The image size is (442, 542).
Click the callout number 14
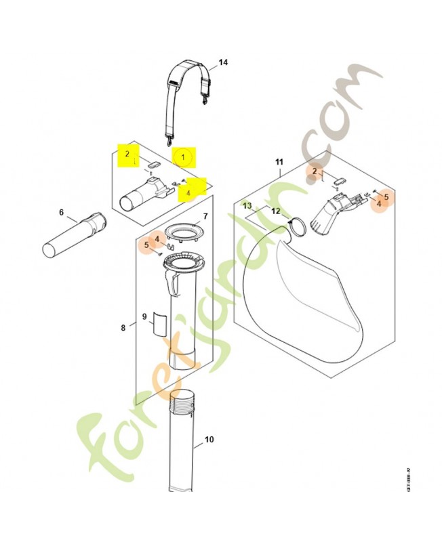[223, 63]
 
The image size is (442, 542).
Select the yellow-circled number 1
[182, 157]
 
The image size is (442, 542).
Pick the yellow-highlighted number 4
[189, 192]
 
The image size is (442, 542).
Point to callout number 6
[61, 212]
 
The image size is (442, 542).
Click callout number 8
[123, 328]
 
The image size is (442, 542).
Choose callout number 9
[144, 316]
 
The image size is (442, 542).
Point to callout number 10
[209, 440]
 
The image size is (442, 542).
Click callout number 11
[279, 161]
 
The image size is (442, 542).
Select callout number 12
[275, 211]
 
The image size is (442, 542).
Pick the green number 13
[248, 205]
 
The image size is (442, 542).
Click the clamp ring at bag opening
[296, 227]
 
